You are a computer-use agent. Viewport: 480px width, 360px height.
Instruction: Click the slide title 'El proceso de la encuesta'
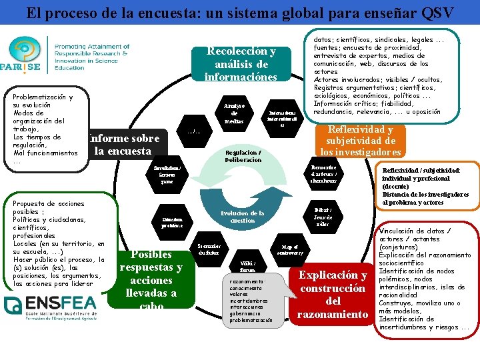(239, 12)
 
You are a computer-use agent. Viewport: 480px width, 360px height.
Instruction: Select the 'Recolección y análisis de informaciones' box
(241, 64)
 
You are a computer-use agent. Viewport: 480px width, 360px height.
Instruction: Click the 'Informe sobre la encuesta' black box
(123, 145)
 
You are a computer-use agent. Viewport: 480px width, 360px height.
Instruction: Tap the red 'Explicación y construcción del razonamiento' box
(333, 294)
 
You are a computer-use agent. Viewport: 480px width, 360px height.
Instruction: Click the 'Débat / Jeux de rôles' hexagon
(323, 217)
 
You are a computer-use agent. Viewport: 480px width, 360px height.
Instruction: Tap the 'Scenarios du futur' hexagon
(211, 249)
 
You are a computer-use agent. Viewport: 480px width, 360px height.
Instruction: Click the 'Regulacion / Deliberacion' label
(243, 156)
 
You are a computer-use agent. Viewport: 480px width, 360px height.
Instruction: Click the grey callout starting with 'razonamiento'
(248, 301)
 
